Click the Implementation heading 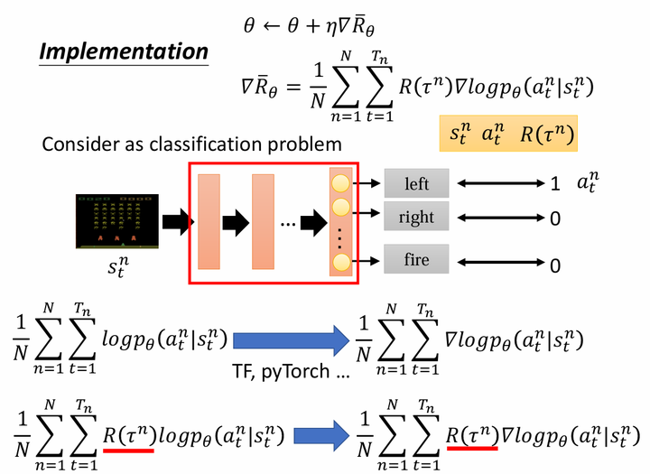[x=124, y=52]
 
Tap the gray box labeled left [x=416, y=183]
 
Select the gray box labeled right [x=416, y=216]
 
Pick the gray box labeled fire [x=416, y=259]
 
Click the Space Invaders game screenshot [x=116, y=221]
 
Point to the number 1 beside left [x=555, y=183]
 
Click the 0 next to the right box [x=555, y=218]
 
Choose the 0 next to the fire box [x=555, y=265]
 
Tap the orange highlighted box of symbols [x=508, y=133]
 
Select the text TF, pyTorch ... [x=281, y=371]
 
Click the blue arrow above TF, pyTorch [x=291, y=341]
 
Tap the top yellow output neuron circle [x=340, y=183]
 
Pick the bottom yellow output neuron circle [x=340, y=262]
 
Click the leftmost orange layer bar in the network [x=209, y=222]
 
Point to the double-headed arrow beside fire [x=500, y=262]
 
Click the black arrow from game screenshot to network [x=178, y=222]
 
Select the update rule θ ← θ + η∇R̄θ [x=309, y=26]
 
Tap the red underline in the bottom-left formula [x=128, y=450]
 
